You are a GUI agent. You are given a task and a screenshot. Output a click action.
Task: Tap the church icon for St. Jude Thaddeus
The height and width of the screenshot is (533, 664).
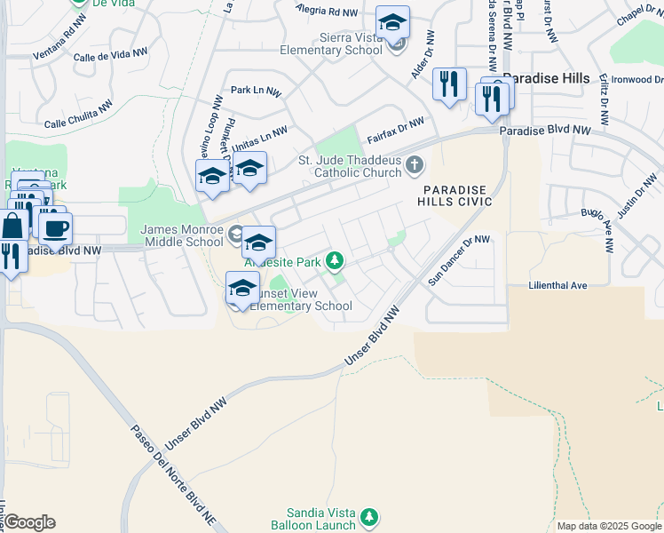coord(414,165)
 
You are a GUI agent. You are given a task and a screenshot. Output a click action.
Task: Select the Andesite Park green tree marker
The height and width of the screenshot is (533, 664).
coord(335,261)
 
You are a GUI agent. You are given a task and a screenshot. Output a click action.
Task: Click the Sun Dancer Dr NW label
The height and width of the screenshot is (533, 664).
coord(459,259)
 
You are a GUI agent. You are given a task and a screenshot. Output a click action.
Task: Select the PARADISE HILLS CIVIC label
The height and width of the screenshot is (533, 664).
coord(455,196)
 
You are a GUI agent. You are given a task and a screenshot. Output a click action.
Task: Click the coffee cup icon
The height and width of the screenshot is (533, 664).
coord(57,228)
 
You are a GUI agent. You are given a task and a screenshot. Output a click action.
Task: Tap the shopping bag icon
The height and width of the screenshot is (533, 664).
coord(13,227)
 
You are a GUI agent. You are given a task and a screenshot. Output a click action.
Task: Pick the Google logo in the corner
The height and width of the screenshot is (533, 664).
coord(29,521)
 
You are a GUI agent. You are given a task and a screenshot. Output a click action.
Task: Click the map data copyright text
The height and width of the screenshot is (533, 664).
coord(609,526)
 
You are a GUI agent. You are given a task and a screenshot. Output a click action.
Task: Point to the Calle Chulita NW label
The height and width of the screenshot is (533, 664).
coord(78,113)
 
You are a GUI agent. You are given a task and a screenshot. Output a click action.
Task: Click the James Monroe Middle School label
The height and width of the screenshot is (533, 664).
coord(182,235)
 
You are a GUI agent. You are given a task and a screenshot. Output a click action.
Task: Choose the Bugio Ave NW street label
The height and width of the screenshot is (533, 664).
coord(596,230)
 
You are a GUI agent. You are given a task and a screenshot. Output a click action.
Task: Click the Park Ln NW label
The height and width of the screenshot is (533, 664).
coord(256,91)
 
